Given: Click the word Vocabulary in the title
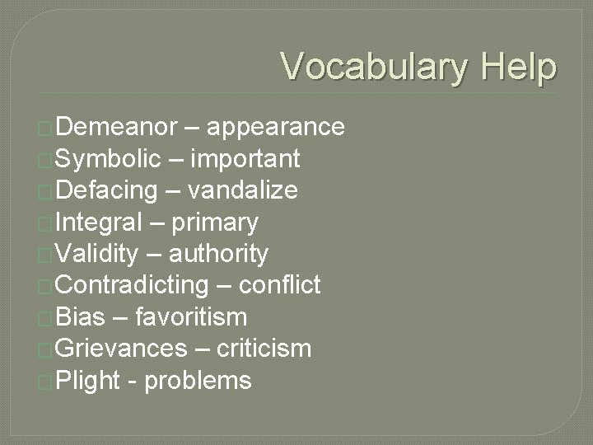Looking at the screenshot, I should [x=375, y=67].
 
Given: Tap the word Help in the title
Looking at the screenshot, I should [x=519, y=67].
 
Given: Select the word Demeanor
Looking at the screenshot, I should [x=117, y=126].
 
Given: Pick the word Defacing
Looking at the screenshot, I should [x=107, y=190].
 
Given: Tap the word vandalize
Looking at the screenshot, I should [x=243, y=190].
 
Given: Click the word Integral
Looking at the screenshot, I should [x=99, y=222].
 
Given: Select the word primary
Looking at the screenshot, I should [x=213, y=222].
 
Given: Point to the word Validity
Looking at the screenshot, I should [x=97, y=254].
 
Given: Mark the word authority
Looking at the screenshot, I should [x=218, y=254].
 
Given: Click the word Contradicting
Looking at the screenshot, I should [x=133, y=285].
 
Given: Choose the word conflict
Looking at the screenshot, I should [x=279, y=285].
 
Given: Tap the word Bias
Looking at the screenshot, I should [x=81, y=317].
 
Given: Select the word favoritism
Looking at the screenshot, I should [x=190, y=317].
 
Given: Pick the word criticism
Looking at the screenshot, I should [x=264, y=349].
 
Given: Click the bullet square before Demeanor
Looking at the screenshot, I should [x=45, y=128].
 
